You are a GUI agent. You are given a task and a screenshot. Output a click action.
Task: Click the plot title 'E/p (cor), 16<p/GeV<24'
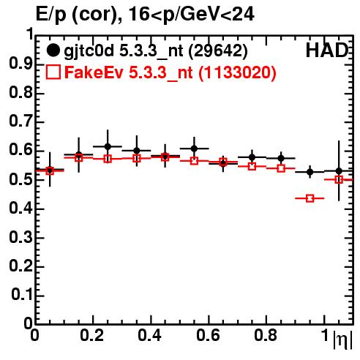pyautogui.click(x=145, y=15)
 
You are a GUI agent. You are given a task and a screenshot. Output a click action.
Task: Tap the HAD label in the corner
pyautogui.click(x=327, y=50)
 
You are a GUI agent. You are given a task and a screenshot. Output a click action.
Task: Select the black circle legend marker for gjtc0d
pyautogui.click(x=53, y=50)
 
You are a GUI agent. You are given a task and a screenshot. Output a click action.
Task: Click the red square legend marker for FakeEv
pyautogui.click(x=53, y=72)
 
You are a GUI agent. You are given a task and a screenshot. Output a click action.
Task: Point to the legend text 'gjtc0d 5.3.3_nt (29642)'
pyautogui.click(x=156, y=51)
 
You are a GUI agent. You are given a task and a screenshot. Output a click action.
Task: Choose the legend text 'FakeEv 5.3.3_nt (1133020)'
pyautogui.click(x=170, y=72)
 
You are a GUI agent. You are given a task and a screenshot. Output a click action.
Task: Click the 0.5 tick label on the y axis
pyautogui.click(x=20, y=180)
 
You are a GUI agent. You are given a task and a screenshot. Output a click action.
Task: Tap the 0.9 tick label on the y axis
pyautogui.click(x=20, y=64)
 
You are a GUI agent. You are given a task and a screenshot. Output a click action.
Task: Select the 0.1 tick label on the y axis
pyautogui.click(x=22, y=295)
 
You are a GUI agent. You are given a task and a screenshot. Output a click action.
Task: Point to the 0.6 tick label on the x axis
pyautogui.click(x=208, y=335)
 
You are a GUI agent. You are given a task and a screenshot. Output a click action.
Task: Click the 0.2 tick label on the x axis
pyautogui.click(x=92, y=335)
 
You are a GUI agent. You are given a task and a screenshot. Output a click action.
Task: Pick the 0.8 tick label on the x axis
pyautogui.click(x=266, y=335)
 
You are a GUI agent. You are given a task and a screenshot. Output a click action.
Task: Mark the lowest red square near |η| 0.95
pyautogui.click(x=310, y=198)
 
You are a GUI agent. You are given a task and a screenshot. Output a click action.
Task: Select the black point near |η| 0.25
pyautogui.click(x=108, y=146)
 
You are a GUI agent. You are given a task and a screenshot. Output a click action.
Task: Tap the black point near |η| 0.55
pyautogui.click(x=194, y=149)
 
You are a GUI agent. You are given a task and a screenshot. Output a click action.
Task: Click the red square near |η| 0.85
pyautogui.click(x=281, y=168)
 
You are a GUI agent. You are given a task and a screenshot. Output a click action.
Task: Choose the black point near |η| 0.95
pyautogui.click(x=310, y=172)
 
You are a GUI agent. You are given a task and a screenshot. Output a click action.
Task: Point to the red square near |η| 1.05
pyautogui.click(x=339, y=180)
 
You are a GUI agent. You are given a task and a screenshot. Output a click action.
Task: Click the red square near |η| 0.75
pyautogui.click(x=252, y=167)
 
